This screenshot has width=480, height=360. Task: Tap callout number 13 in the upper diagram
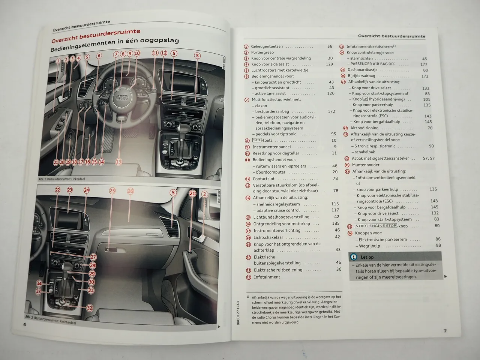pyautogui.click(x=118, y=162)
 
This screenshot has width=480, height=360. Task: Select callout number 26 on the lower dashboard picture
pyautogui.click(x=130, y=191)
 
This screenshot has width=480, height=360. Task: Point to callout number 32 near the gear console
pyautogui.click(x=89, y=308)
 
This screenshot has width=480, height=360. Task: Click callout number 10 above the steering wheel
pyautogui.click(x=137, y=53)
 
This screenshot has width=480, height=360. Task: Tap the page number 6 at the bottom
pyautogui.click(x=25, y=324)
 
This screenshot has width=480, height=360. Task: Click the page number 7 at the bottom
pyautogui.click(x=445, y=331)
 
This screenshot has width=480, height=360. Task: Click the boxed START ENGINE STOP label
pyautogui.click(x=376, y=226)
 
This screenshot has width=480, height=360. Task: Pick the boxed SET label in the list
pyautogui.click(x=256, y=140)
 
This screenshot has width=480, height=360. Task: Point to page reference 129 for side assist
pyautogui.click(x=329, y=64)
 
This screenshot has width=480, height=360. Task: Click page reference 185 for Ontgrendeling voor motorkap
pyautogui.click(x=336, y=223)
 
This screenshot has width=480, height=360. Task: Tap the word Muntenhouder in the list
pyautogui.click(x=365, y=165)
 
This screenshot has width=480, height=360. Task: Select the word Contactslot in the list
pyautogui.click(x=264, y=179)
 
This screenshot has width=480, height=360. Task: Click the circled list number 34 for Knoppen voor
pyautogui.click(x=350, y=233)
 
